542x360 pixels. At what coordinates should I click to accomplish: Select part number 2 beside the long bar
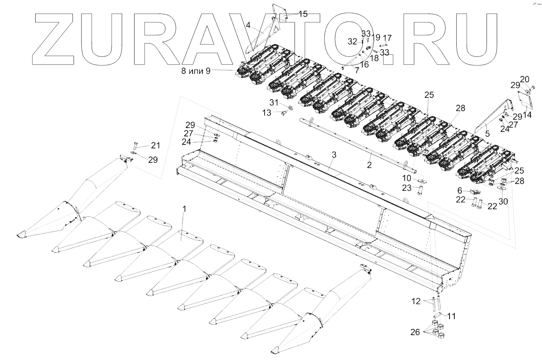click(369, 165)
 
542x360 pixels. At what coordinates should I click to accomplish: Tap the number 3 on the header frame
click(334, 154)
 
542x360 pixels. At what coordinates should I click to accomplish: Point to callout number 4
click(248, 25)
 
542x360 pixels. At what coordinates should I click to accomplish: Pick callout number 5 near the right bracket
click(487, 134)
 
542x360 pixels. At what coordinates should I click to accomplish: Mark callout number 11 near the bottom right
click(451, 316)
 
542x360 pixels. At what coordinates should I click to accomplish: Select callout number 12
click(416, 301)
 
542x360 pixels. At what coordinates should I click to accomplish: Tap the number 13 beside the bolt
click(267, 113)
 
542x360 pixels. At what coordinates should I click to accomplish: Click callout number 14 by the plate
click(527, 115)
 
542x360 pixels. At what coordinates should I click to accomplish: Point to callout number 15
click(303, 14)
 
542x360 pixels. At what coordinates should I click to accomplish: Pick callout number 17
click(387, 38)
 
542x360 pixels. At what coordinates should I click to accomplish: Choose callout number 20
click(524, 79)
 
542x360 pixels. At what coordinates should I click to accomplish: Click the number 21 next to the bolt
click(155, 145)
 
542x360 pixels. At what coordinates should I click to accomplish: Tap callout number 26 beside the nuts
click(416, 332)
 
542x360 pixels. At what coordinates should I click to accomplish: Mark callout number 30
click(503, 202)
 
